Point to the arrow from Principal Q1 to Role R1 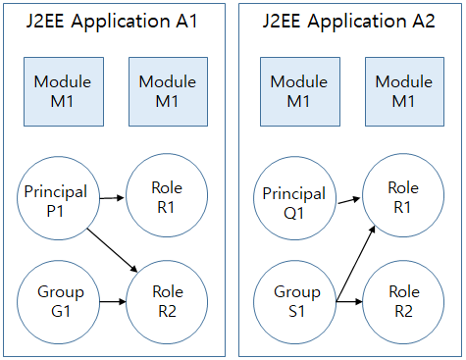[x=348, y=202]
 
